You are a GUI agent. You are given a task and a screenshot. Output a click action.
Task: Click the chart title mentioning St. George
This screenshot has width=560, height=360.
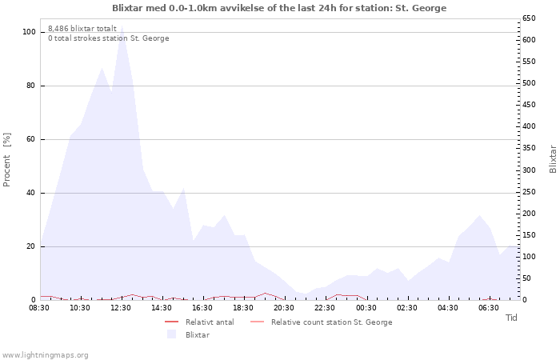(x=279, y=8)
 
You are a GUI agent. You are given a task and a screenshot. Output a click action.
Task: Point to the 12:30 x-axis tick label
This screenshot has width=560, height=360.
(x=120, y=307)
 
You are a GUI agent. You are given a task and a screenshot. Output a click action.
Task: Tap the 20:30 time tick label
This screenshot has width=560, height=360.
(x=284, y=307)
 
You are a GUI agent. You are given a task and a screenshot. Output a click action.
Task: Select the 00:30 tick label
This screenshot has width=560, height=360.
(x=366, y=307)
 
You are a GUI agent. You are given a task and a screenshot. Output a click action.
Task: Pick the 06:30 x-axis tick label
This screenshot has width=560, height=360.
(x=488, y=307)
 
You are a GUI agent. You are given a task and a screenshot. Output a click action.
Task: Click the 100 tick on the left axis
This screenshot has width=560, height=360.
(x=29, y=32)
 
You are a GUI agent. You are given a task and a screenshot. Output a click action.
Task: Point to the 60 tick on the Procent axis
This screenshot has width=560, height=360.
(x=30, y=139)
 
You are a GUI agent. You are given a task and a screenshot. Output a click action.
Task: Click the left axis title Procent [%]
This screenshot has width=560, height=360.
(x=7, y=160)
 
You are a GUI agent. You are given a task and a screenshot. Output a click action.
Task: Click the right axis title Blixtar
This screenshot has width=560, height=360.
(x=553, y=158)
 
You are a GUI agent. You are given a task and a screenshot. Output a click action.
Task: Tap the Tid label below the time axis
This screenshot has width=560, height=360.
(x=511, y=318)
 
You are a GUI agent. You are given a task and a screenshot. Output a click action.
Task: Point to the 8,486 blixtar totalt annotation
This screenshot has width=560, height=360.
(x=82, y=29)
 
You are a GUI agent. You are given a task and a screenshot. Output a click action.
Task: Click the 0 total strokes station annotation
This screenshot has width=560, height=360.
(x=108, y=38)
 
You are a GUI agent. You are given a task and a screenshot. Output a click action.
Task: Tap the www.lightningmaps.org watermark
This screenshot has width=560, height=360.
(x=46, y=354)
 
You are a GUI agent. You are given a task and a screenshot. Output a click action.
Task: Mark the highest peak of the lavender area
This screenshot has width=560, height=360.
(x=122, y=30)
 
